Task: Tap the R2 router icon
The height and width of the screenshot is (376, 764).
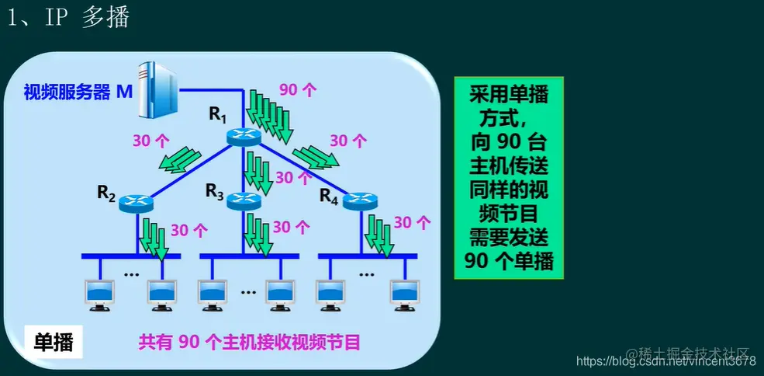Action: click(137, 204)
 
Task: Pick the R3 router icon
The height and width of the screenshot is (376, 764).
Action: click(244, 201)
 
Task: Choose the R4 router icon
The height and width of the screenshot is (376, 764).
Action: click(358, 200)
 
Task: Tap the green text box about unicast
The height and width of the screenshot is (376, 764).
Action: click(509, 177)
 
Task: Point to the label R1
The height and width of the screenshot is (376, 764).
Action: click(217, 115)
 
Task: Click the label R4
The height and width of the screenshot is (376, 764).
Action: click(329, 196)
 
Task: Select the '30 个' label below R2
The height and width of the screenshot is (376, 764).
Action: click(189, 230)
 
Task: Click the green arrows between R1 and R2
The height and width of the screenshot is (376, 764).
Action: click(178, 157)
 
